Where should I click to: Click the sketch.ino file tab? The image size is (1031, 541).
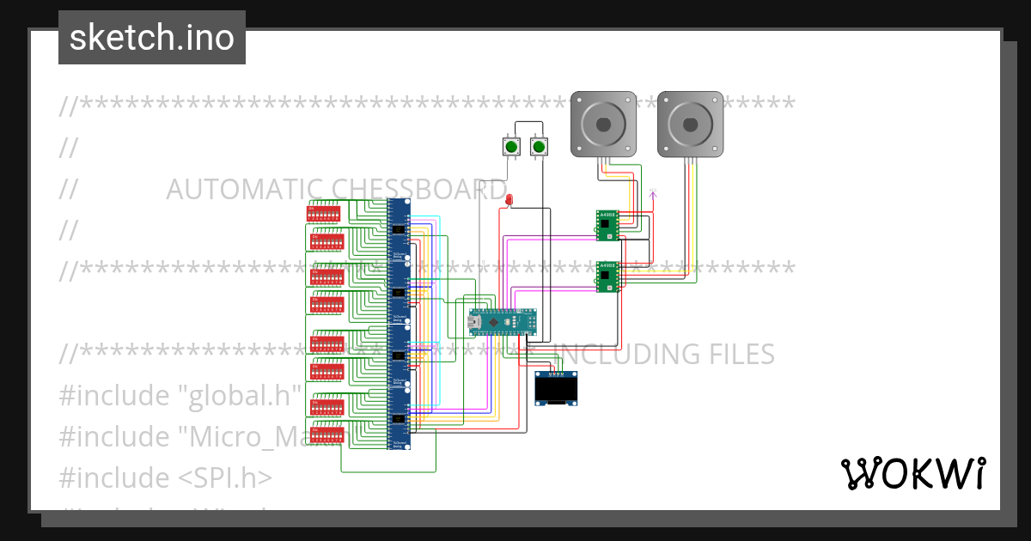(151, 38)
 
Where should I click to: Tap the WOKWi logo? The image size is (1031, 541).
(912, 473)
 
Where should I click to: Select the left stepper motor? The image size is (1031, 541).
(604, 124)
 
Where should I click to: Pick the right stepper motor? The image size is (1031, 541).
(690, 124)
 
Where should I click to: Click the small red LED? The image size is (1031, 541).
(509, 200)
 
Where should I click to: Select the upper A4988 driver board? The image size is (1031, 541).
(607, 224)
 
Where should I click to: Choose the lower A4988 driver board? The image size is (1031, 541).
(607, 277)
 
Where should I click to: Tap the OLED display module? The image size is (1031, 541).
(555, 389)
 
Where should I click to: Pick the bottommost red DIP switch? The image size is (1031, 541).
(326, 435)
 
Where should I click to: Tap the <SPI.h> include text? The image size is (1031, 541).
(226, 477)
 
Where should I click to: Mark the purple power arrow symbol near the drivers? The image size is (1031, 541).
(653, 195)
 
